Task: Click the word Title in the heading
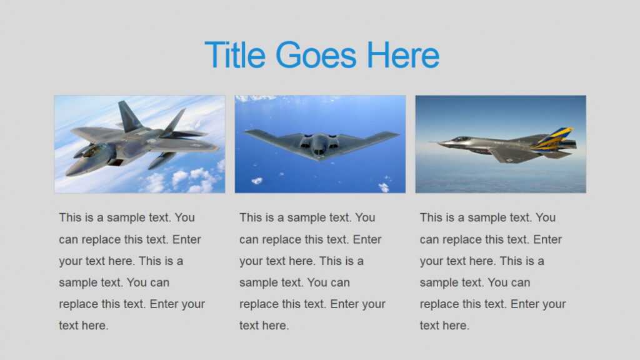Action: click(x=235, y=55)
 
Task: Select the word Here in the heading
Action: click(x=403, y=55)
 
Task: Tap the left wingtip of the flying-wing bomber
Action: click(x=247, y=132)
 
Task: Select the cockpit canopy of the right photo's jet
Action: click(x=461, y=139)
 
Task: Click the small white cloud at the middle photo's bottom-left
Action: click(x=256, y=181)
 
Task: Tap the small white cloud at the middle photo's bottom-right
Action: click(x=383, y=186)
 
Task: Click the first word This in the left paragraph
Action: click(x=69, y=217)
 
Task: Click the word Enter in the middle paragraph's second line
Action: click(x=367, y=239)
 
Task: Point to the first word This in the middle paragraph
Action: click(x=250, y=217)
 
